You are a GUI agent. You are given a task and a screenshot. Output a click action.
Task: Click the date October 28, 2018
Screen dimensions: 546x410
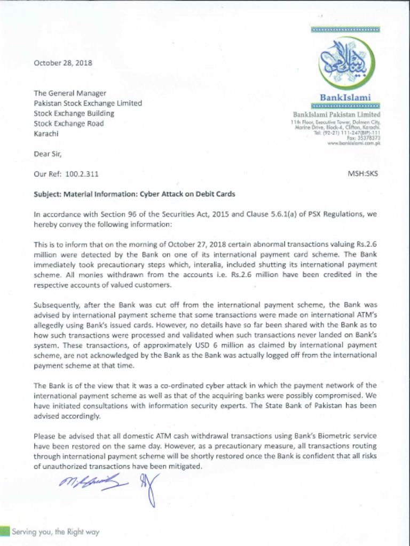coord(63,63)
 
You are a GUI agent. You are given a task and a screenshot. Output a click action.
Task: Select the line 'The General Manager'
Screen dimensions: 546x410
coord(70,93)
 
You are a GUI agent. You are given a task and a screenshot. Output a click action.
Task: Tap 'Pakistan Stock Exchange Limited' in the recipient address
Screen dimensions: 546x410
coord(88,103)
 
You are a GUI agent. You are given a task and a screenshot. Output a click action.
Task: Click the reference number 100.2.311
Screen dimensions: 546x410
coord(81,174)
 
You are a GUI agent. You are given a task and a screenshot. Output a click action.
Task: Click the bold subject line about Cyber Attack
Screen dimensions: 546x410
coord(135,194)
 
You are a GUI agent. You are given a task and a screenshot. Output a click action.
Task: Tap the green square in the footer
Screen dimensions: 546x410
coord(4,531)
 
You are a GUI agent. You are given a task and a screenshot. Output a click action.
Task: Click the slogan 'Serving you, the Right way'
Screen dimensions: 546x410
coord(56,532)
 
